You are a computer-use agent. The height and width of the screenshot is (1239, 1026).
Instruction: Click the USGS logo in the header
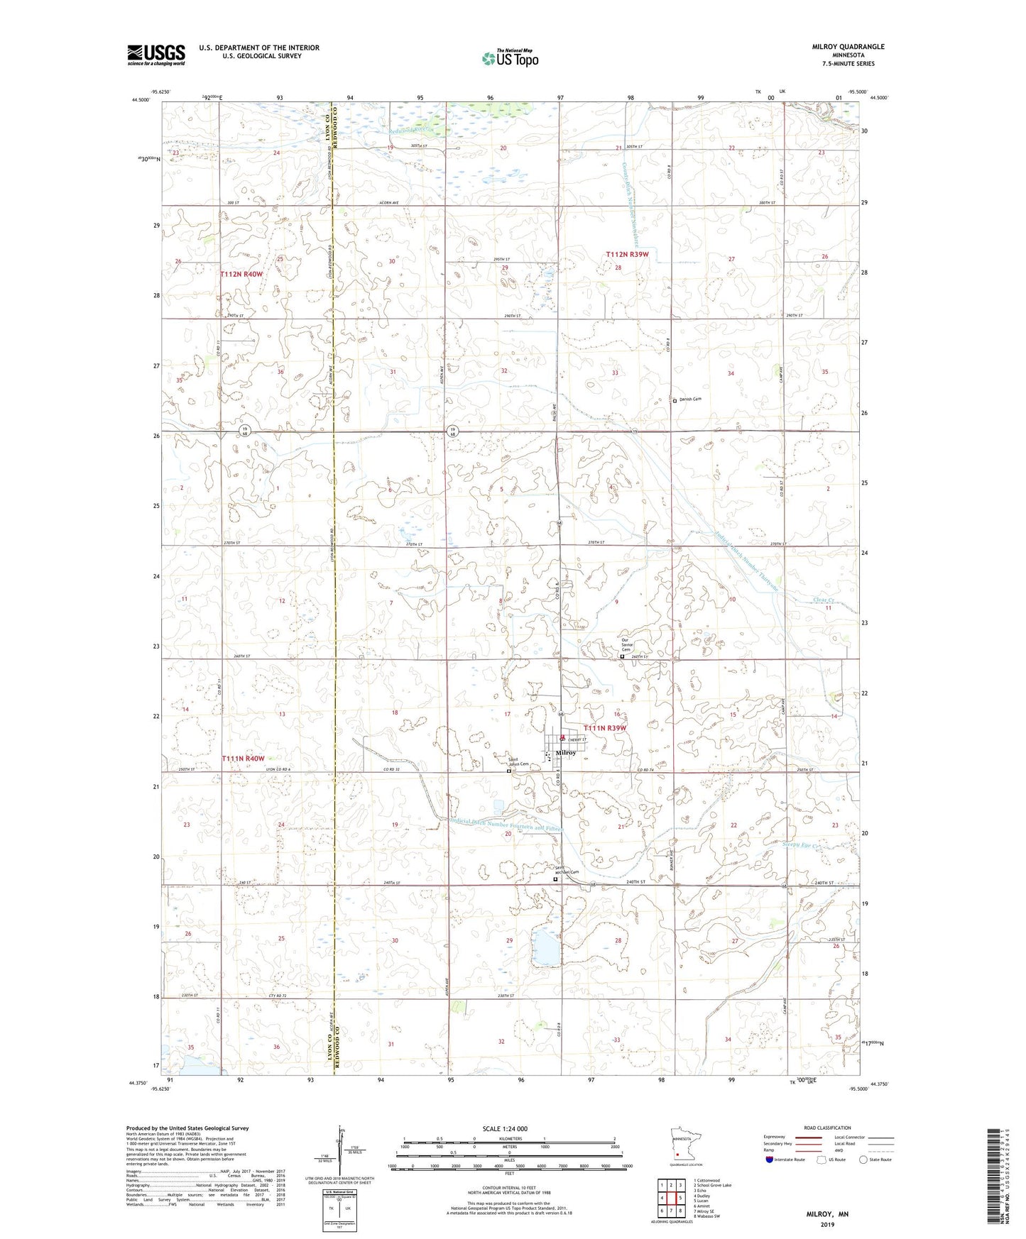pos(156,55)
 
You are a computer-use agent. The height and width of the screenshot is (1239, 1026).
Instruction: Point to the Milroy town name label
pos(566,753)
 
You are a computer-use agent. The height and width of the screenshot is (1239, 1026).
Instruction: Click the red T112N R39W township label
pos(627,255)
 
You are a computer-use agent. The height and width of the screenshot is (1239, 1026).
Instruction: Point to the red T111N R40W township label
pos(242,759)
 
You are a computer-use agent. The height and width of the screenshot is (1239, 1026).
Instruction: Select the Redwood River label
pos(410,130)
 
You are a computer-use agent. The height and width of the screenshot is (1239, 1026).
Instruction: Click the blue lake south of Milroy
pos(545,947)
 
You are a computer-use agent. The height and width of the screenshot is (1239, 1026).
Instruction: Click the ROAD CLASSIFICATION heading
pos(827,1128)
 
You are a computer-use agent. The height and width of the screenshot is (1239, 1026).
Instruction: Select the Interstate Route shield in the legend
pos(770,1160)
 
